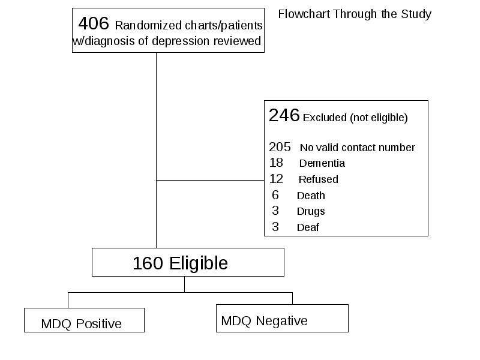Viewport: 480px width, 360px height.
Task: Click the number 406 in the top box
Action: pos(94,23)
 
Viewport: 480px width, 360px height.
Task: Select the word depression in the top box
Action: pos(181,41)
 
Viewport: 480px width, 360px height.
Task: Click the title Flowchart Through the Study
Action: pos(355,14)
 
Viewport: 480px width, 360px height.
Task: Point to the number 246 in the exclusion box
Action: pos(284,115)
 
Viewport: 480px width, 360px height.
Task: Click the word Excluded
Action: pos(325,118)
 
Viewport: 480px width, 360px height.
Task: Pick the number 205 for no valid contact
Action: pos(280,147)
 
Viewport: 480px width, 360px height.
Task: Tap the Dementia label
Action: pos(322,163)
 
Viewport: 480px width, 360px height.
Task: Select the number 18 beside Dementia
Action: pos(276,163)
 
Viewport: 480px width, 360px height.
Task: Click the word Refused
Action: pos(319,179)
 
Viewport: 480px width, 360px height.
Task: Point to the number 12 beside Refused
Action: pos(276,179)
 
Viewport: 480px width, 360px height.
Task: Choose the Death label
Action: pos(311,196)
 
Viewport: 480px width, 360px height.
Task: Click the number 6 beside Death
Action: pos(275,196)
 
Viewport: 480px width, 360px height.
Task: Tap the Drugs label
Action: pos(311,212)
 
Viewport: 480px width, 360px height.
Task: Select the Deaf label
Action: pos(308,227)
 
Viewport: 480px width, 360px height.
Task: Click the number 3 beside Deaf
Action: pos(275,227)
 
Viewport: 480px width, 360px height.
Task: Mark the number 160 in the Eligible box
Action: pos(148,263)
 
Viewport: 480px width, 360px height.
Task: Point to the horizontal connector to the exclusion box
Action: pos(211,181)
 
